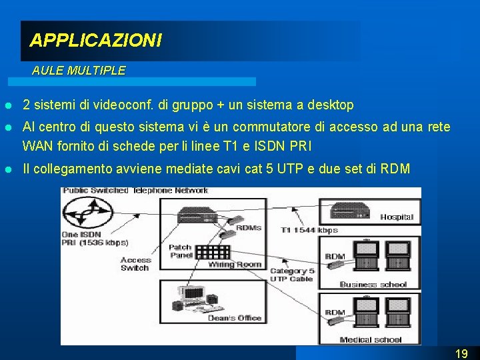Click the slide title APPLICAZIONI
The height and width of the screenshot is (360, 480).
coord(95,41)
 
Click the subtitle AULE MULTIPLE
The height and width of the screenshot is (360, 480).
coord(78,70)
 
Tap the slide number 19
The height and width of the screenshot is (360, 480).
coord(461,353)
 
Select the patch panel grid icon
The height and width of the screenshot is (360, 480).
coord(213,252)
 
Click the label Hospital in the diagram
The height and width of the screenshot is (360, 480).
coord(397,217)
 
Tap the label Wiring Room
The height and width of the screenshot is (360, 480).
coord(235,265)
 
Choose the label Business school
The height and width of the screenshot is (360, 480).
coord(373,285)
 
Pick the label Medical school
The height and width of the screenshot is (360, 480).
coord(371,339)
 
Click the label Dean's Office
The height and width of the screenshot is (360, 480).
coord(235,318)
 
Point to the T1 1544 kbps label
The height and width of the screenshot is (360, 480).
coord(309,230)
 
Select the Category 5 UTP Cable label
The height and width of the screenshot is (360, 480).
coord(291,275)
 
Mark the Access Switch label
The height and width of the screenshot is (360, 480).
coord(135,264)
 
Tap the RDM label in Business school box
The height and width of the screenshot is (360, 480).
coord(335,256)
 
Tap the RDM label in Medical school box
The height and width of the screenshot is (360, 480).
coord(335,312)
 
